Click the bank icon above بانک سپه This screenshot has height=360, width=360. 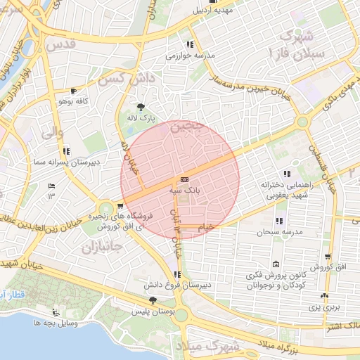tap(183, 179)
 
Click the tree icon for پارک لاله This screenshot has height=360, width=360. tap(142, 108)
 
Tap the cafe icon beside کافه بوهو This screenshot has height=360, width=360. tap(74, 91)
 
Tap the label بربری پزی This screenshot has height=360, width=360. tap(325, 308)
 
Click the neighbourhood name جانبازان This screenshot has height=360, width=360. tap(101, 247)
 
